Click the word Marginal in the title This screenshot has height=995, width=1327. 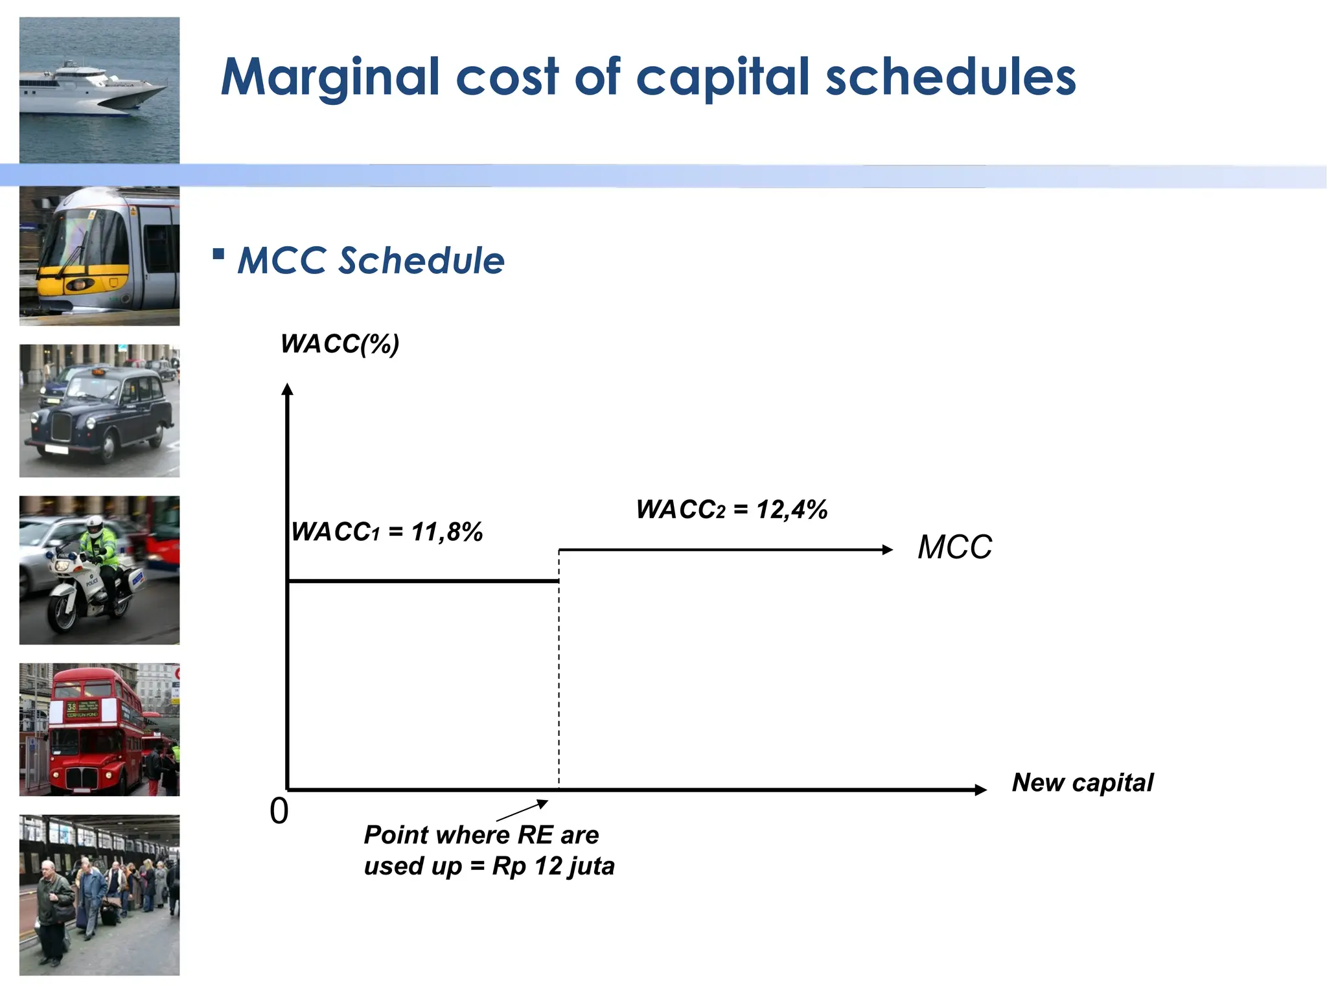pyautogui.click(x=330, y=78)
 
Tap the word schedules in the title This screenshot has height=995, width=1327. pyautogui.click(x=951, y=78)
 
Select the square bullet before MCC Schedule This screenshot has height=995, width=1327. pyautogui.click(x=218, y=253)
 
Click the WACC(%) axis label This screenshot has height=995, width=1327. pyautogui.click(x=340, y=344)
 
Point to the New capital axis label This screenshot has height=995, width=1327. pyautogui.click(x=1083, y=783)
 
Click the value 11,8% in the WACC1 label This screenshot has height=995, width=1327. pyautogui.click(x=447, y=532)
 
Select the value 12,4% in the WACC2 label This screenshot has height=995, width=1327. pyautogui.click(x=792, y=510)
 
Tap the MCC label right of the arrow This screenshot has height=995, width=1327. pyautogui.click(x=954, y=547)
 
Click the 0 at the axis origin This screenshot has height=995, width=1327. pyautogui.click(x=279, y=811)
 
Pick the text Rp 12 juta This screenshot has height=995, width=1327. pyautogui.click(x=553, y=866)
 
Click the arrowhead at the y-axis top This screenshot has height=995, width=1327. pyautogui.click(x=288, y=389)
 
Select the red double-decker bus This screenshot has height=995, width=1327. pyautogui.click(x=94, y=732)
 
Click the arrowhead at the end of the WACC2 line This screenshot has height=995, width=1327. pyautogui.click(x=888, y=550)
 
